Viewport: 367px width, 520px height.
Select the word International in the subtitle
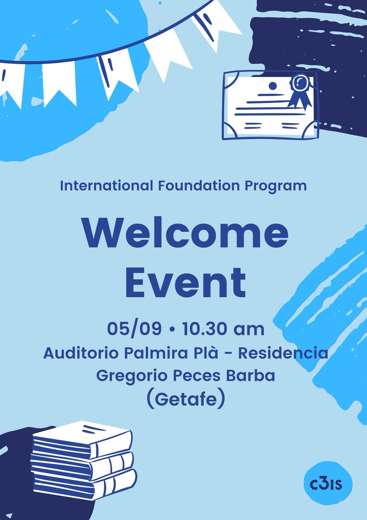click(106, 186)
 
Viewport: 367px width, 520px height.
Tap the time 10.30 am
click(223, 329)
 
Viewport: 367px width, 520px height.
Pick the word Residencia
click(283, 353)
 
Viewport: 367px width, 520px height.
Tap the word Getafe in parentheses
click(185, 399)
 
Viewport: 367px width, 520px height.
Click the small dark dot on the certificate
click(273, 85)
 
